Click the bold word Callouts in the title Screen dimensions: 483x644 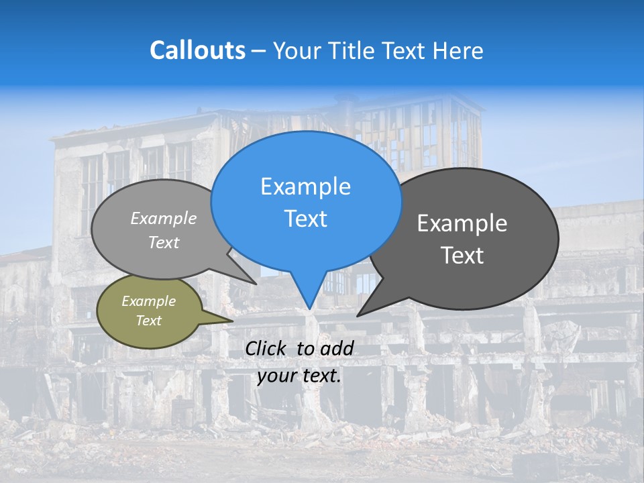coord(197,50)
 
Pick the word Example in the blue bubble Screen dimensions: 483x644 coord(305,186)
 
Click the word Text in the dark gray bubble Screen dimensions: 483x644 coord(462,256)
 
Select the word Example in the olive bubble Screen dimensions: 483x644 coord(148,301)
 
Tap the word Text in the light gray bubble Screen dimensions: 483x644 coord(164,242)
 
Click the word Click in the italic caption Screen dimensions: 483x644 coord(266,348)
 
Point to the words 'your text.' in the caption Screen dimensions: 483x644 coord(299,376)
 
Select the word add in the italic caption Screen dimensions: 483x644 coord(337,348)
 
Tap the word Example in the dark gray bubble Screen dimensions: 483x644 coord(462,223)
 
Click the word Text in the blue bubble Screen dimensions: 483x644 coord(305,219)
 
